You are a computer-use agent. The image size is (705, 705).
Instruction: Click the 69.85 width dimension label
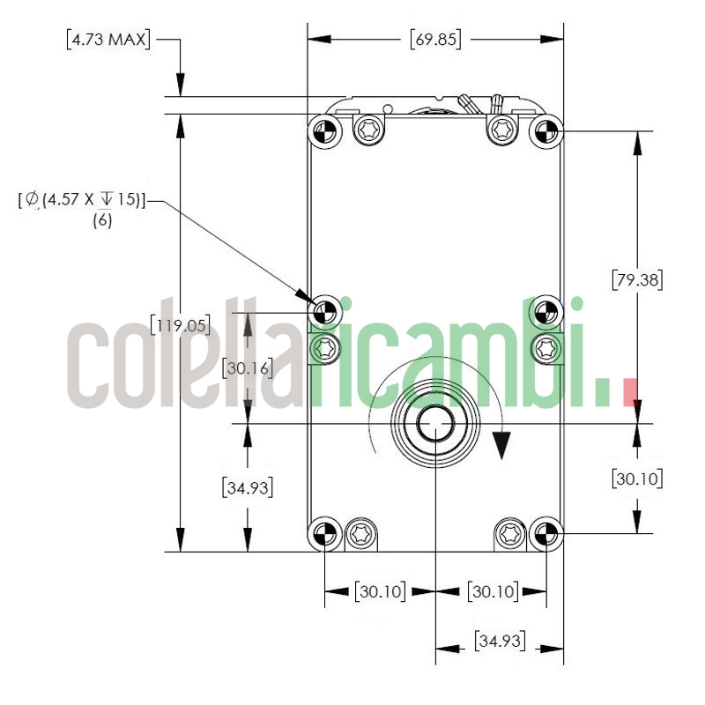tap(435, 40)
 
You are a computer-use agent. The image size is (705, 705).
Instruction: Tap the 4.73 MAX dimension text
tap(108, 40)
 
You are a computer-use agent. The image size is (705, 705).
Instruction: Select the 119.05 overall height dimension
tap(180, 325)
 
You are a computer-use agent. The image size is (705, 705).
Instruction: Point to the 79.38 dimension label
tap(636, 279)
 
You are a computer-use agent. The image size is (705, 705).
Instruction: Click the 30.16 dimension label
tap(248, 367)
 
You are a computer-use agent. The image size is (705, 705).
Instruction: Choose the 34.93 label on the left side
tap(248, 486)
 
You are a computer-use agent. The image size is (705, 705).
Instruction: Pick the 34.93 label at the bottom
tap(499, 641)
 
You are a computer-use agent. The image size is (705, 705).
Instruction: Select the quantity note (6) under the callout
tap(102, 221)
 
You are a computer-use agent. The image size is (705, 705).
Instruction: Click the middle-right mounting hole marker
tap(546, 311)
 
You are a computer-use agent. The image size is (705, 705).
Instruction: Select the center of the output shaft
tap(435, 424)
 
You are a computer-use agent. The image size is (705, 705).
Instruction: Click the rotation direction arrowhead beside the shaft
tap(502, 446)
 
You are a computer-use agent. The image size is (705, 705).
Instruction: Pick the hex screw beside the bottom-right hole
tap(510, 532)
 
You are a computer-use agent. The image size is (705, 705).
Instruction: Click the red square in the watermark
tap(629, 392)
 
